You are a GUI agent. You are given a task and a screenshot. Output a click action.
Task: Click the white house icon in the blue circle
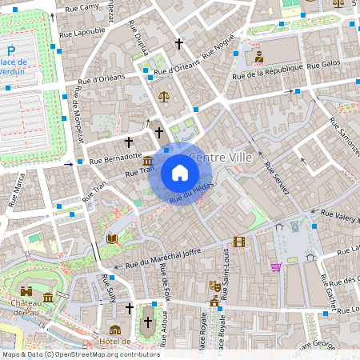point(180,173)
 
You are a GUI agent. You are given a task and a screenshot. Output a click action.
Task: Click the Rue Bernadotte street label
point(115,158)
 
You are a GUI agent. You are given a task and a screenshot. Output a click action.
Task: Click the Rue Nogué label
point(218,47)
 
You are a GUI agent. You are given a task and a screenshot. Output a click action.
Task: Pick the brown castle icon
point(27,292)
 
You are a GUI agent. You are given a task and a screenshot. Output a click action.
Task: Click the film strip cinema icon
point(239,242)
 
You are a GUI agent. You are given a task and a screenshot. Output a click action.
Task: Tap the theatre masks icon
point(214,285)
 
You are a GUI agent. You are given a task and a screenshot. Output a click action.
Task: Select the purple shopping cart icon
point(275,266)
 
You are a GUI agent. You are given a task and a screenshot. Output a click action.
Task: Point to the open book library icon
point(111,238)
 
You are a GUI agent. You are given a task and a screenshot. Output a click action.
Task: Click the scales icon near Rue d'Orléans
point(164,96)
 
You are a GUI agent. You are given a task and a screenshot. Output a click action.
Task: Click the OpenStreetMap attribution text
point(80,354)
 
